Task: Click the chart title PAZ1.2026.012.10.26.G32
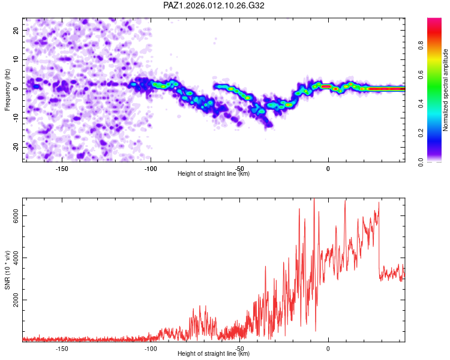coord(214,5)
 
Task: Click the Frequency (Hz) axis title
coord(7,89)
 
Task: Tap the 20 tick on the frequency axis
coord(17,30)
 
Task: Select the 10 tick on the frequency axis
coord(17,59)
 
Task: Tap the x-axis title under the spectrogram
coord(214,174)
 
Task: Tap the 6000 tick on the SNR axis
coord(17,216)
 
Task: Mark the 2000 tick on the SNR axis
coord(17,300)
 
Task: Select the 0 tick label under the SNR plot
coord(328,348)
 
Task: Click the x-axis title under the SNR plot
coord(214,354)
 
